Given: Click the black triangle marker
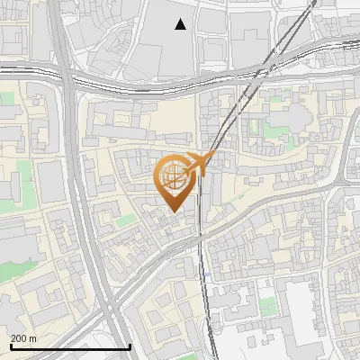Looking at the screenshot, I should tap(181, 24).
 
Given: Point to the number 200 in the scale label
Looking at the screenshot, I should tap(20, 338).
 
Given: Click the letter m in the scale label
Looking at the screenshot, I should tap(33, 338).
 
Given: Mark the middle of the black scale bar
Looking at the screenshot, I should tap(69, 346).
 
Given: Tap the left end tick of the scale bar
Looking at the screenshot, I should tap(9, 346).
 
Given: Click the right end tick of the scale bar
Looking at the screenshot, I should tap(130, 346).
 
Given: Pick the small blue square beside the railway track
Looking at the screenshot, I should tap(206, 276).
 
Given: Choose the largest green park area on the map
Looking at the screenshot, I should tap(18, 270).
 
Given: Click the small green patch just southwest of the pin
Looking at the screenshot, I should tap(127, 220).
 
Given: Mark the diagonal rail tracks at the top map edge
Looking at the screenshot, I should tap(310, 4).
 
